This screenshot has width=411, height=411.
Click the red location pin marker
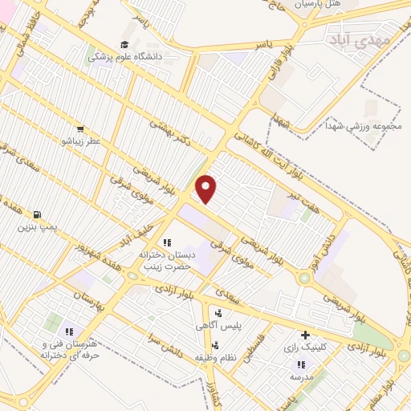pos(207,189)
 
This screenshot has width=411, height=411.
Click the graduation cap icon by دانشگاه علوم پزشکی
pos(124,44)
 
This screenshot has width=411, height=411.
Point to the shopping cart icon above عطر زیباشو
pos(80,128)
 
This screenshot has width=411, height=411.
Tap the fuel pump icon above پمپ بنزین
pos(38,214)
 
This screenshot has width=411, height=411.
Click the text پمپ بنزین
pos(39,227)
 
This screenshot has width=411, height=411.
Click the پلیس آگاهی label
pos(219,326)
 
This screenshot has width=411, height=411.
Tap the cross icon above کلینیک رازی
pos(304,335)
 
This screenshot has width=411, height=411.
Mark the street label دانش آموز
pos(320,245)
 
